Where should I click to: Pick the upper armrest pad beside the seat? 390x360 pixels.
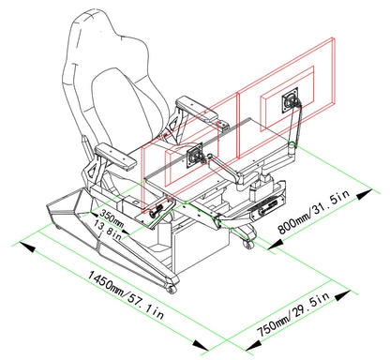(x=196, y=109)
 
